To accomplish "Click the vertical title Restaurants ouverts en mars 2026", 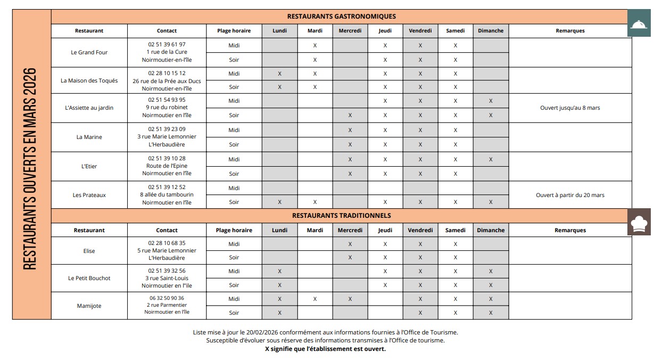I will tap(31, 168).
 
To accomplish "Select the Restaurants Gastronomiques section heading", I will tap(341, 17).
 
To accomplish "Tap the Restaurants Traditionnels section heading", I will tap(341, 216).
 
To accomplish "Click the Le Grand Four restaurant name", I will tap(89, 53).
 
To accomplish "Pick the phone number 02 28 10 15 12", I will tap(167, 73).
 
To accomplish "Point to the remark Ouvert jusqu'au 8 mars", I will tap(570, 108).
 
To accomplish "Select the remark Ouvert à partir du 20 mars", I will tap(570, 195).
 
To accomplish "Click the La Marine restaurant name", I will tap(89, 137).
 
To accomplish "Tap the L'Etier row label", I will tap(89, 167).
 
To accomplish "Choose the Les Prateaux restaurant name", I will tap(89, 195).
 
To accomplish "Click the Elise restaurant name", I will tap(89, 251).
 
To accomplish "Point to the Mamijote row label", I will tap(89, 306).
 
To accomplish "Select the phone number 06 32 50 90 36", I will tap(167, 298).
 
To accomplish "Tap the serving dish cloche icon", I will tap(639, 24).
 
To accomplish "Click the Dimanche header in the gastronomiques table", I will tap(491, 31).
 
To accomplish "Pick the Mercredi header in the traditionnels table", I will tap(350, 231).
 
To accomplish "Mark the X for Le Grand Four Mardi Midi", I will tap(315, 46).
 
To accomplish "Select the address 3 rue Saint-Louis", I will tap(167, 278).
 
